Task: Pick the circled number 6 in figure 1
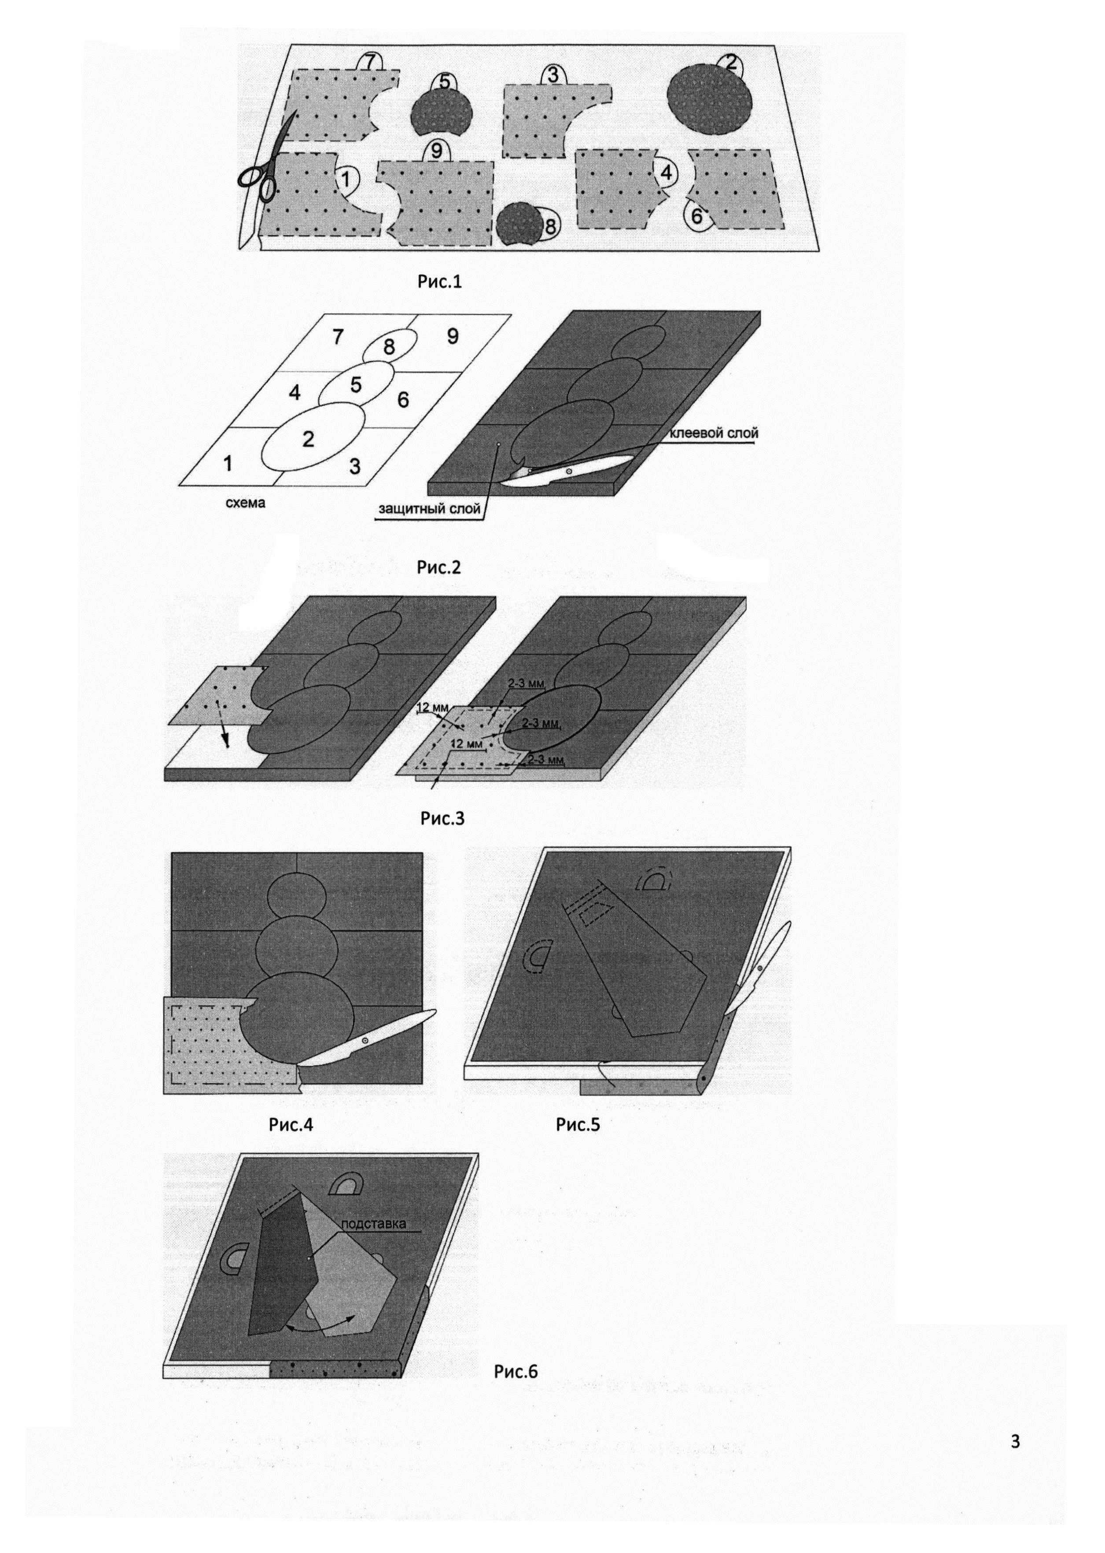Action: coord(697,216)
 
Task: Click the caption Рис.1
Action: coord(439,282)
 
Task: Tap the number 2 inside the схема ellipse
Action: coord(308,439)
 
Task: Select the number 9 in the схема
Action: coord(453,335)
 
